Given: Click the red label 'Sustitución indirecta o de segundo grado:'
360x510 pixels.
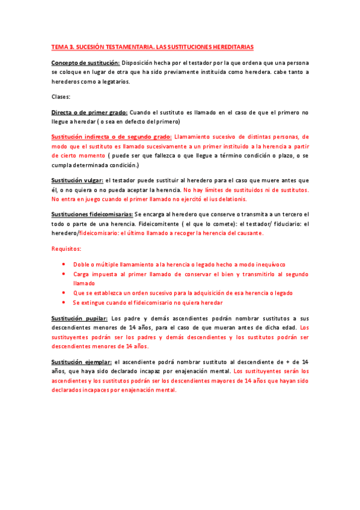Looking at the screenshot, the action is (x=112, y=137).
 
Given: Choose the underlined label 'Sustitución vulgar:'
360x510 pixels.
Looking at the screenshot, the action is (x=78, y=180).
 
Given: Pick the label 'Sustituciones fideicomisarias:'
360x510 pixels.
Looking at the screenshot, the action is (x=92, y=215).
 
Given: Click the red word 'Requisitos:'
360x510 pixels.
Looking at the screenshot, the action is (x=67, y=248).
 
